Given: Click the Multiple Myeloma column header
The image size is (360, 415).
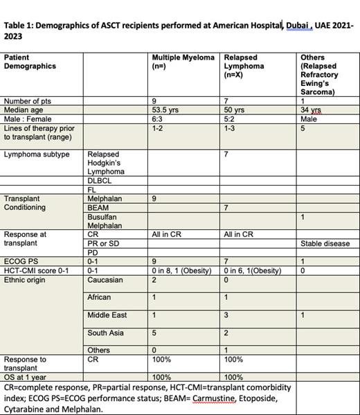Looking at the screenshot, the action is [x=183, y=62].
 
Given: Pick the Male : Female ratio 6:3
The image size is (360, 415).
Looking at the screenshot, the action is [x=159, y=119].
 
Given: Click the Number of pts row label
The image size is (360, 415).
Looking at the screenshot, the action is [x=28, y=101].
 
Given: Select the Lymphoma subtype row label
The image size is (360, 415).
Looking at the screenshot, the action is [x=37, y=154].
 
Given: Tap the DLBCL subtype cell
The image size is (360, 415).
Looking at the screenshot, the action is [x=99, y=181].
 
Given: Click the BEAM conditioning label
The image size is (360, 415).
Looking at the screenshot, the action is [x=98, y=208].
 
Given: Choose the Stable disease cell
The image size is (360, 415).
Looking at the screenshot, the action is [x=325, y=244].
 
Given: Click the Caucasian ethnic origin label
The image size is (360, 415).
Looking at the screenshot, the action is [x=105, y=280].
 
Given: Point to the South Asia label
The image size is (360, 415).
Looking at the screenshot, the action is [x=105, y=333].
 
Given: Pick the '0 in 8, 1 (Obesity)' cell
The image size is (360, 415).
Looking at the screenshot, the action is [x=181, y=270].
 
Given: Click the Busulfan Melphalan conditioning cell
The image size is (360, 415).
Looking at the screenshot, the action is [x=105, y=221].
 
